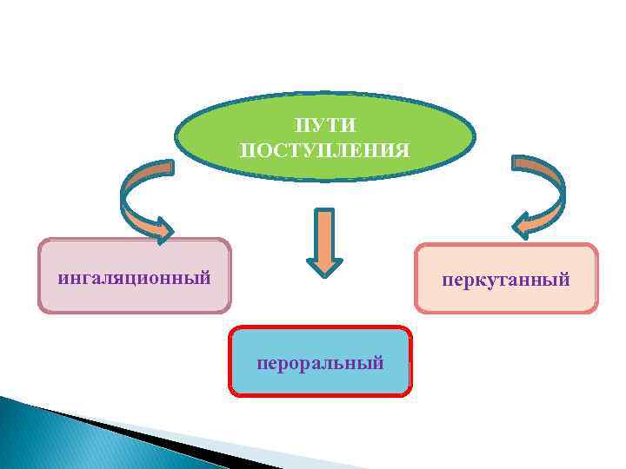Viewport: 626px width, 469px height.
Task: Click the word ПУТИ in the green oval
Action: (x=325, y=127)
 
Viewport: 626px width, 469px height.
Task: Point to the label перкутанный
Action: (x=505, y=280)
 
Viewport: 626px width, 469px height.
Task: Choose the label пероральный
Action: (x=320, y=361)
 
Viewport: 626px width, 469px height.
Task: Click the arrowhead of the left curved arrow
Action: (x=162, y=229)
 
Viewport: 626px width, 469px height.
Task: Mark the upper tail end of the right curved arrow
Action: (x=525, y=162)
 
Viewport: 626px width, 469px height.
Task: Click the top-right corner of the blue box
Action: (x=410, y=329)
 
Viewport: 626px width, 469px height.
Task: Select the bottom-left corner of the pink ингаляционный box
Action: (x=40, y=310)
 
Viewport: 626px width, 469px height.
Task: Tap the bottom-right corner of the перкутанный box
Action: (x=596, y=311)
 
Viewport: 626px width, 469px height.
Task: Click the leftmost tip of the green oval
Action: (x=176, y=137)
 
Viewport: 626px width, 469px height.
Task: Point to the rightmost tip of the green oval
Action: (x=476, y=137)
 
